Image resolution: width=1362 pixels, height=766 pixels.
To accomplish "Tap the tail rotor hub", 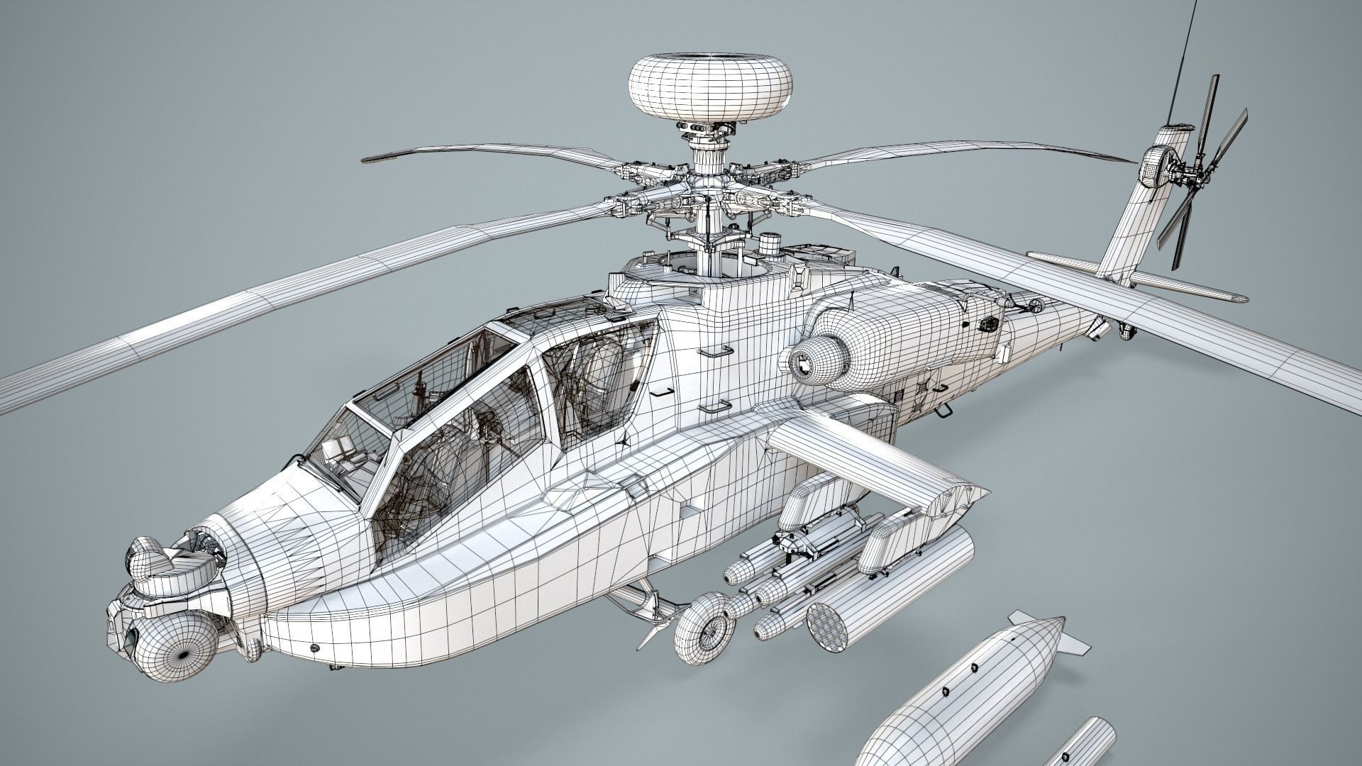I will coord(1183,170).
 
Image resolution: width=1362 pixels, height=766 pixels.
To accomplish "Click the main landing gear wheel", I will coord(704,626).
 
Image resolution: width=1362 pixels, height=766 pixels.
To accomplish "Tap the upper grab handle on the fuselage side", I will coord(715,351).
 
